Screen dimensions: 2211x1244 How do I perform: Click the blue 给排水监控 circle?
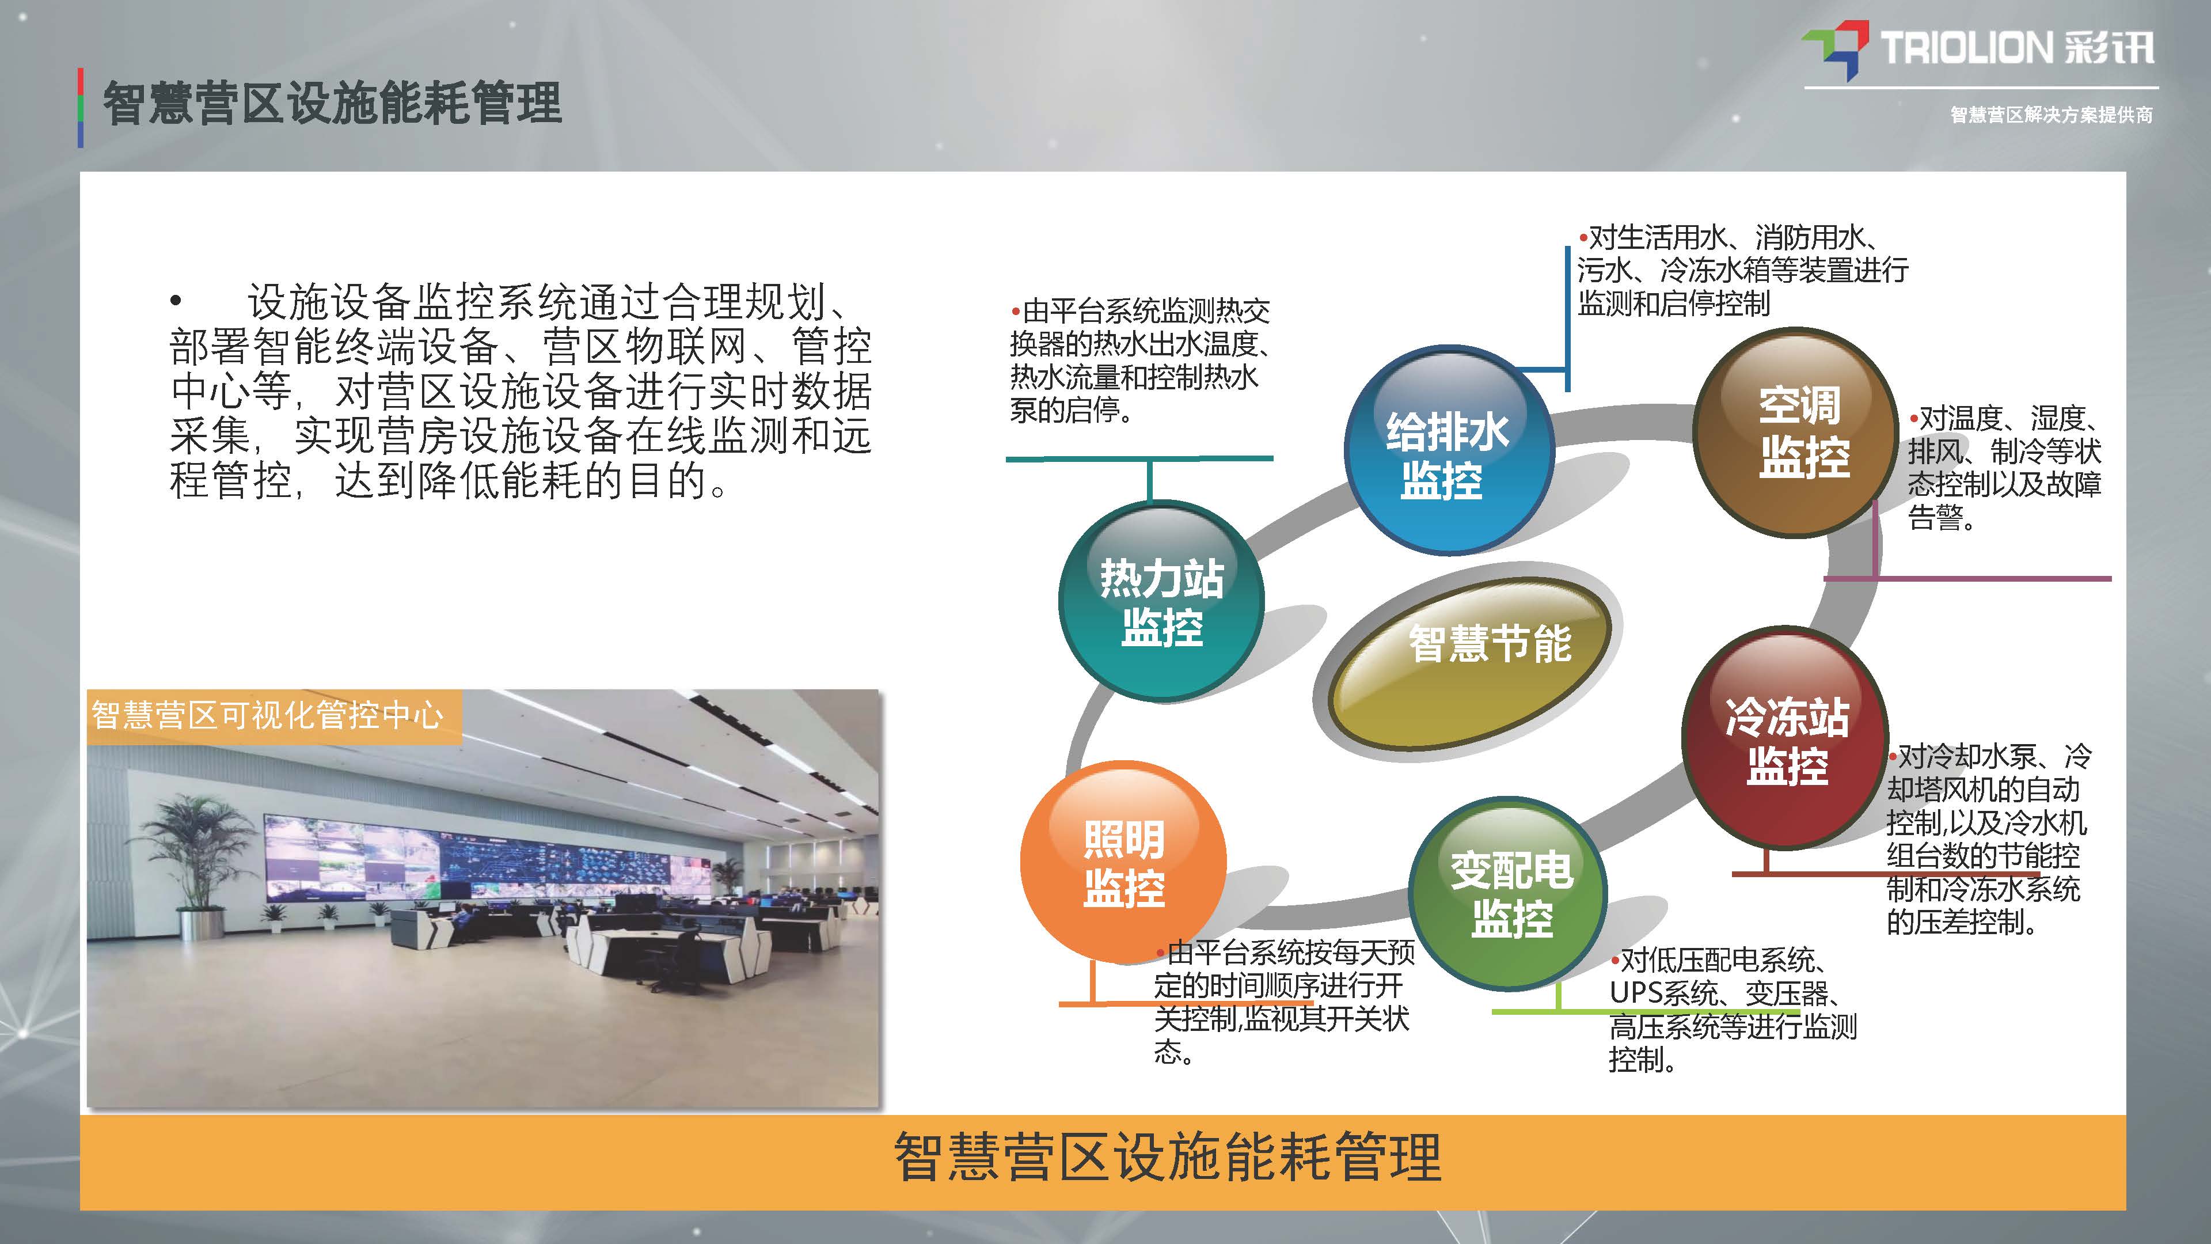coord(1449,451)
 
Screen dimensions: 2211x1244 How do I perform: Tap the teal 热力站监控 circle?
coord(1161,601)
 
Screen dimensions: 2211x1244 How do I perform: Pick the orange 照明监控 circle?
coord(1123,862)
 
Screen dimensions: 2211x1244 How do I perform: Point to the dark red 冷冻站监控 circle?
coord(1786,740)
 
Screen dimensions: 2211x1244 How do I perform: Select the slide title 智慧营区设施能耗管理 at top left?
coord(332,104)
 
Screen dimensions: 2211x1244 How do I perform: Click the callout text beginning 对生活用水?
coord(1742,270)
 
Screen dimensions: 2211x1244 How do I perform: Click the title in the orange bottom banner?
coord(1167,1157)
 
